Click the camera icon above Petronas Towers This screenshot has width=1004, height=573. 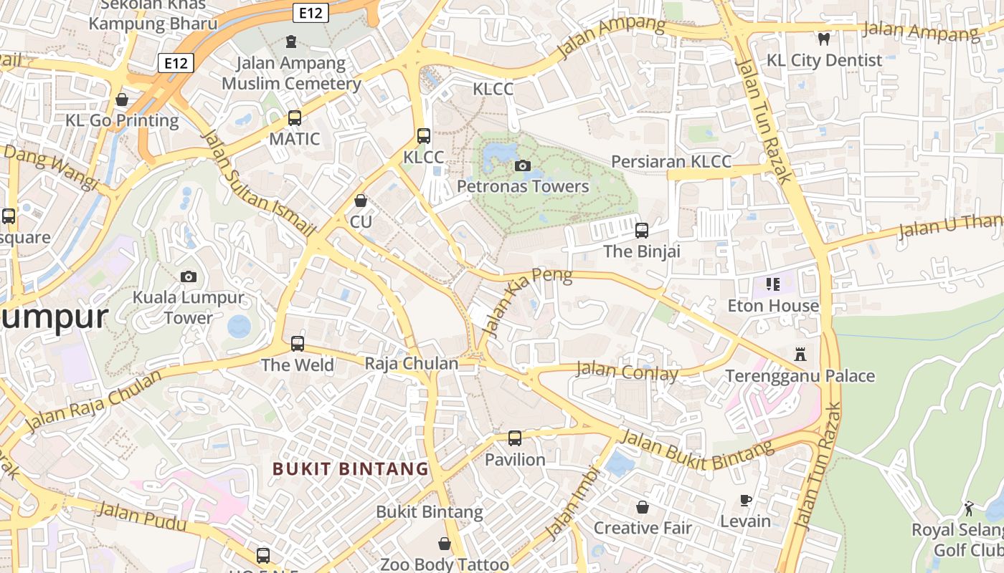[x=523, y=166]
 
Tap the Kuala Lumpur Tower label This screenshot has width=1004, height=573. [x=189, y=307]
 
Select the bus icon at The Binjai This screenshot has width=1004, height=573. [x=642, y=231]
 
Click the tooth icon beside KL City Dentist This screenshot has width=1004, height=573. [x=824, y=39]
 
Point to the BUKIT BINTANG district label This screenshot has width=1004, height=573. [x=351, y=469]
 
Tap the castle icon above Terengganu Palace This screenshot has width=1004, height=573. [x=800, y=354]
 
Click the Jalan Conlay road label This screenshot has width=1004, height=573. [x=627, y=372]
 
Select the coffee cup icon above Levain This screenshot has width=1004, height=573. [x=746, y=500]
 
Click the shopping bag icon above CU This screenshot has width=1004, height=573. [x=361, y=201]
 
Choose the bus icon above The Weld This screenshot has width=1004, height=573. [x=298, y=344]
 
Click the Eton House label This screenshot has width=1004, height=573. [x=773, y=306]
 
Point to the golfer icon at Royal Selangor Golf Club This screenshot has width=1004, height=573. [x=970, y=509]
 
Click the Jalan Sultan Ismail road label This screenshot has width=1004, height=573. [x=260, y=183]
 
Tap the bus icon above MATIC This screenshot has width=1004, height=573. [x=294, y=118]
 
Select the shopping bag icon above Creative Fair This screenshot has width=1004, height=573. [x=643, y=507]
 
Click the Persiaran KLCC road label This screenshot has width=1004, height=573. [x=671, y=161]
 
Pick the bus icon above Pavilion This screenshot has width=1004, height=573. [x=515, y=438]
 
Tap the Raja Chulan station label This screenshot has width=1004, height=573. [x=412, y=363]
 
